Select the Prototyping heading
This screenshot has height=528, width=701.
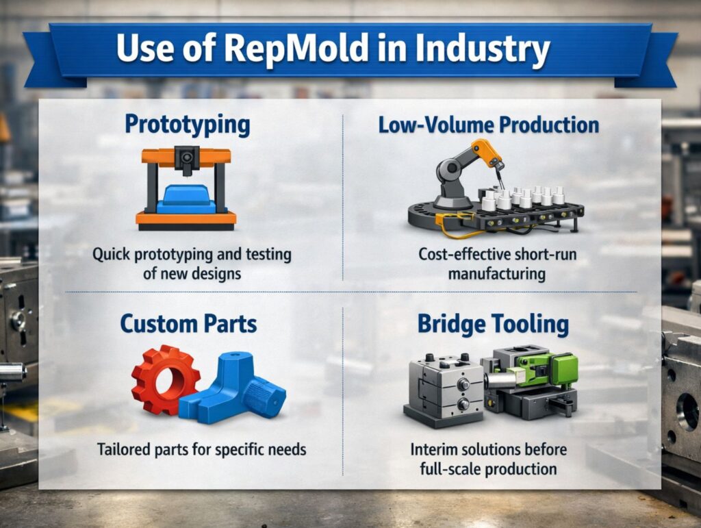pos(187,125)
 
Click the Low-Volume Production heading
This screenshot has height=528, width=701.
pos(488,125)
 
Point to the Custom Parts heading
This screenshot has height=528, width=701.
pos(188,323)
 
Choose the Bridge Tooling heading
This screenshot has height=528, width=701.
pos(493,324)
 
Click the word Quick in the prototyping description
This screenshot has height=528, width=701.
pos(110,255)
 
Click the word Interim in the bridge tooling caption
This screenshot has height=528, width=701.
pos(435,450)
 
